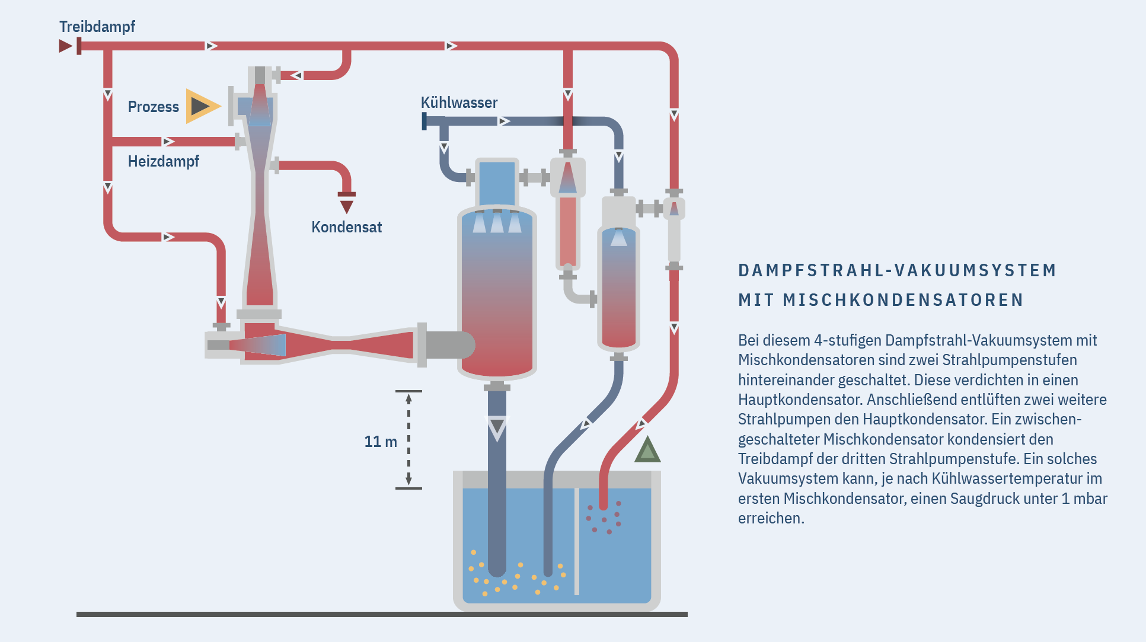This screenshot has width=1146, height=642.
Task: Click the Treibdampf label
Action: (x=97, y=27)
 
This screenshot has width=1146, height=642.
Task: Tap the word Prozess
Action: (x=153, y=107)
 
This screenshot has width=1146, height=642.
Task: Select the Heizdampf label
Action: (x=163, y=161)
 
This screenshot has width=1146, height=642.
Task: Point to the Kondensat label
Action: (x=346, y=227)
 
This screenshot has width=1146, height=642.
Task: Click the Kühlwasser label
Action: (x=459, y=103)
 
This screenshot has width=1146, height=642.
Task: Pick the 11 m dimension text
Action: (x=380, y=442)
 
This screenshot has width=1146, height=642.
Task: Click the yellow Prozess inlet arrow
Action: (x=202, y=107)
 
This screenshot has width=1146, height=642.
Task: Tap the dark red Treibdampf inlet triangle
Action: (x=65, y=46)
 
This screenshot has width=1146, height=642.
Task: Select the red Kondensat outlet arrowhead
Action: (x=347, y=206)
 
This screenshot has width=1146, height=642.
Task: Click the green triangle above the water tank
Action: (x=647, y=451)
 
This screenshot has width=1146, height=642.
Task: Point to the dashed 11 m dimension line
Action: (x=408, y=439)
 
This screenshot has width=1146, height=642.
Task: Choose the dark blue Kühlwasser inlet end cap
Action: (x=424, y=121)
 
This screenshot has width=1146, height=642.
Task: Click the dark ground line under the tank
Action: (x=382, y=615)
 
